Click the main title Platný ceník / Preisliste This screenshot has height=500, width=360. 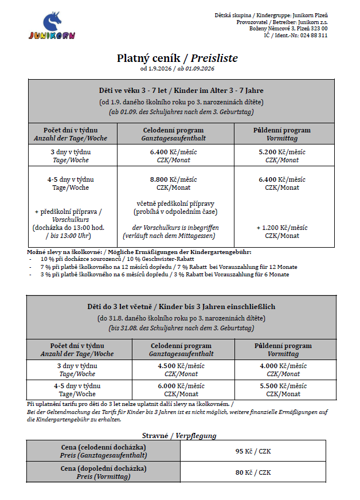177,58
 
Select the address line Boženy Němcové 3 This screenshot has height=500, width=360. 288,28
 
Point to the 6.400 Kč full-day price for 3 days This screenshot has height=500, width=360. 173,152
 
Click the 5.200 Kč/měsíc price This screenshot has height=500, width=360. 281,152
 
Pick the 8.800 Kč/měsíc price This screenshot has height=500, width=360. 173,179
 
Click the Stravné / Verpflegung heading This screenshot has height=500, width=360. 179,435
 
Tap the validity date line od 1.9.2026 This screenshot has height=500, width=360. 177,69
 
